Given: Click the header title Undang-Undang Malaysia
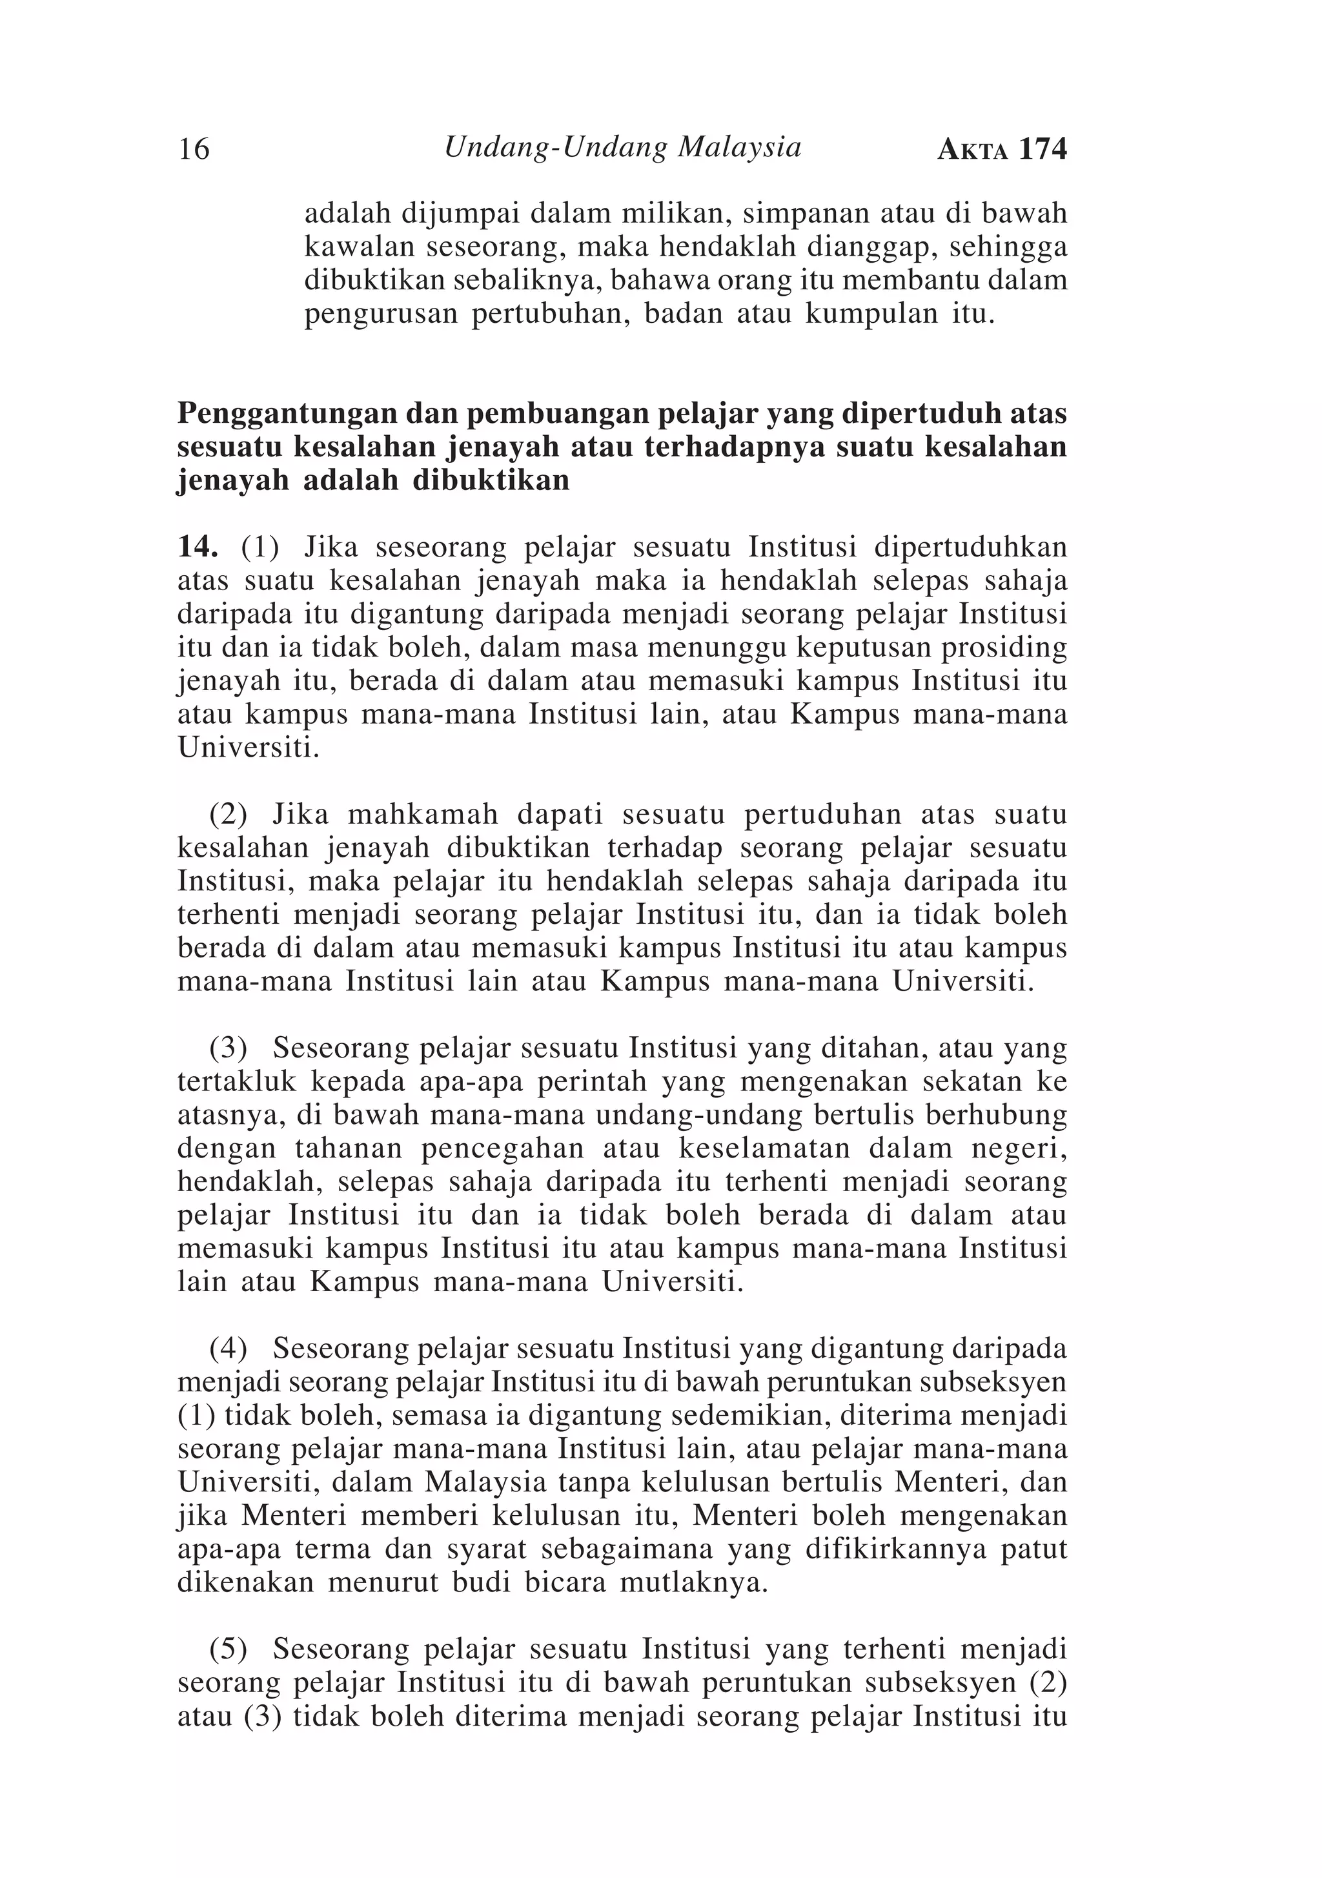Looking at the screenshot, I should (x=622, y=147).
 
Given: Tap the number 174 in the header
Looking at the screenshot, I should (x=1042, y=150).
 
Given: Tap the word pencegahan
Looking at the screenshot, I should (x=502, y=1148).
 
